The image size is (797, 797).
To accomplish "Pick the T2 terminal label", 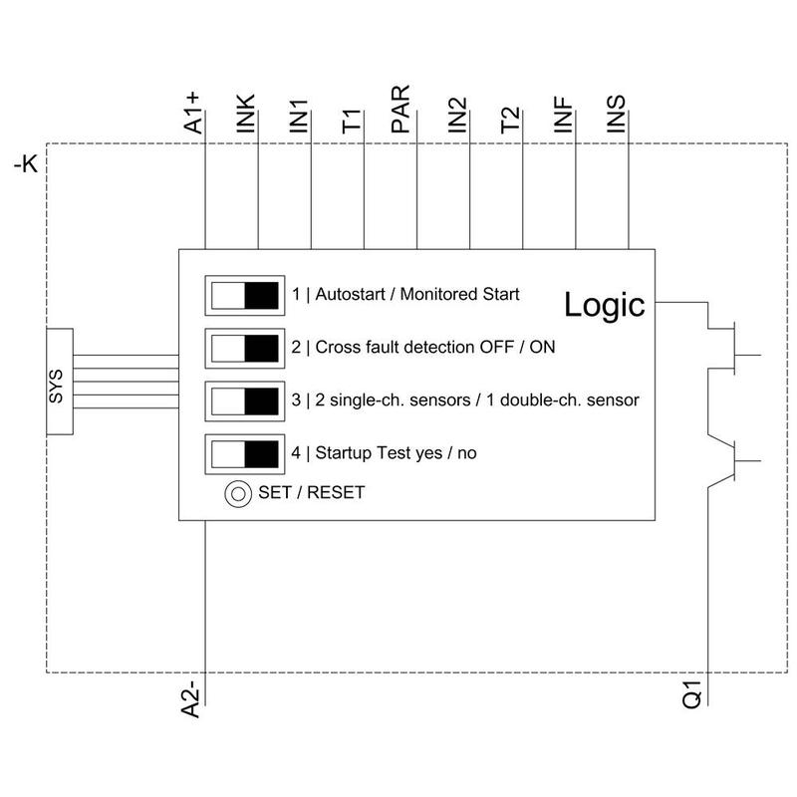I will point(510,121).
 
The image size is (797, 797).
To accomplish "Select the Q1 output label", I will point(693,694).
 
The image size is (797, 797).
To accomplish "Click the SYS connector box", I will point(59,381).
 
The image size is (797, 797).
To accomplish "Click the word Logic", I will point(605,304).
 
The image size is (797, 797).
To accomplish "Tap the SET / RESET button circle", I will point(237,492).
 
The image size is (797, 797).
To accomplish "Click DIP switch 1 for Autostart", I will point(244,296).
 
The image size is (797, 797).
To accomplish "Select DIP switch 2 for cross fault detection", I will point(244,348).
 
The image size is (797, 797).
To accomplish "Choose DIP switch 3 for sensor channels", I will point(244,400).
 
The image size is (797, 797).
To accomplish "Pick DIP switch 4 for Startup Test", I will point(244,453).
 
